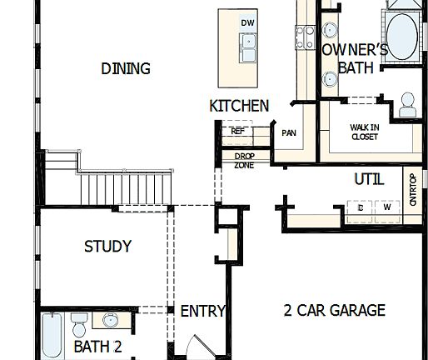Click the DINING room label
(x=126, y=68)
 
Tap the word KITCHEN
(x=239, y=106)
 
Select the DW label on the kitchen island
(x=247, y=22)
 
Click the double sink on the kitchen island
(x=247, y=48)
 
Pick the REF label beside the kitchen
(x=237, y=131)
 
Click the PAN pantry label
(x=289, y=132)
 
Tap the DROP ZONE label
(x=244, y=160)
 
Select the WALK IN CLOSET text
(x=364, y=132)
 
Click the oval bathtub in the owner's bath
(x=404, y=37)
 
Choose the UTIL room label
(x=369, y=178)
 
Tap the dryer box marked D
(x=361, y=208)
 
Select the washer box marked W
(x=386, y=208)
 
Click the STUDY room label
(x=107, y=247)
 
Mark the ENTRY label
(x=203, y=311)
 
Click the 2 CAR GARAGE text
(x=334, y=311)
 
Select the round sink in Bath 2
(x=110, y=320)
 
